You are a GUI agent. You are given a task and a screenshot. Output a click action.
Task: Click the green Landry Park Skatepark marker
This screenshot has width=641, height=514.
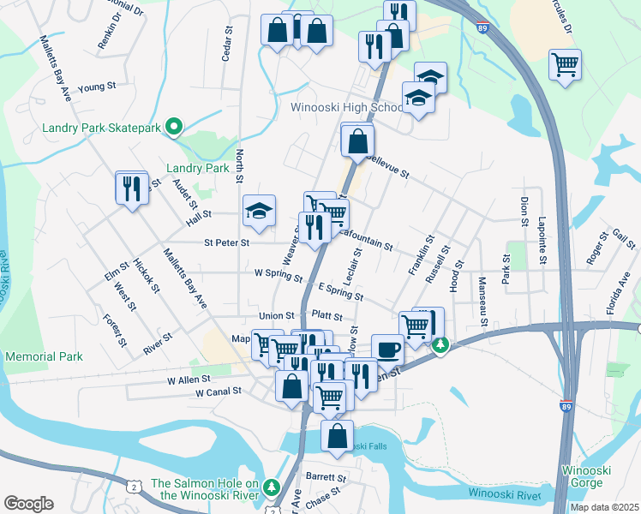(174, 128)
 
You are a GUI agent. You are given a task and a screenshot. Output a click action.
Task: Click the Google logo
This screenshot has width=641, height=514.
(28, 503)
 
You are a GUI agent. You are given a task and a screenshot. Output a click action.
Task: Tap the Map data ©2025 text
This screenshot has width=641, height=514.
(604, 507)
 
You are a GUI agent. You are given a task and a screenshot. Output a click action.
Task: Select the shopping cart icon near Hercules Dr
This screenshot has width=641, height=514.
(566, 65)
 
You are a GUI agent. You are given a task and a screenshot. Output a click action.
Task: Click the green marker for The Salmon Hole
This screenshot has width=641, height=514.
(273, 487)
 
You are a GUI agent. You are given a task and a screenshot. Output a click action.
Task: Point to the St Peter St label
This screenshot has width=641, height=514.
(226, 242)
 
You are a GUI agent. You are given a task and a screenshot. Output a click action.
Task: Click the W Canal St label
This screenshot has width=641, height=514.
(219, 392)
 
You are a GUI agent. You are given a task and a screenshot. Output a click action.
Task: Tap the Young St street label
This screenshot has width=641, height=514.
(96, 87)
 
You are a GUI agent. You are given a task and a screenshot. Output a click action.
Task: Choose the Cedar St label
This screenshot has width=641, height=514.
(227, 43)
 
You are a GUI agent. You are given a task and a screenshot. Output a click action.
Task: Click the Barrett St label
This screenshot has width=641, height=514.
(326, 477)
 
